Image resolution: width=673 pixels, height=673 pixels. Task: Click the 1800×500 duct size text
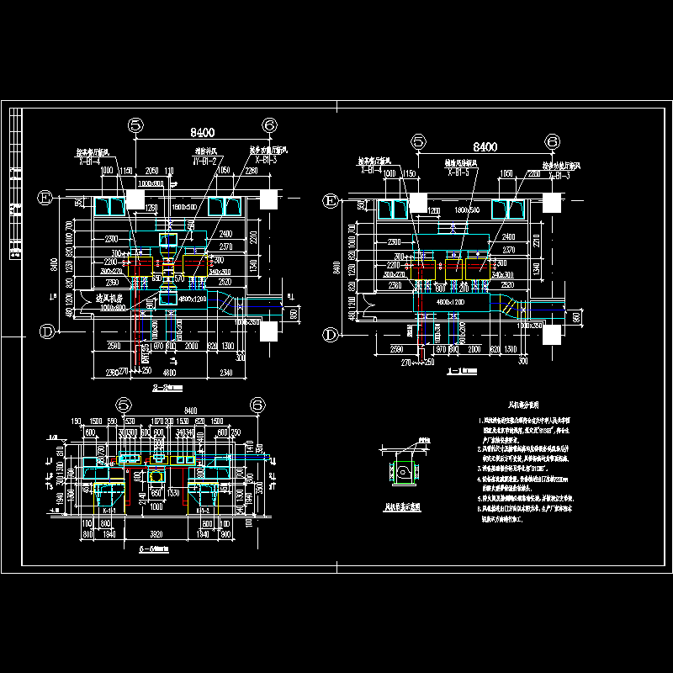click(x=464, y=207)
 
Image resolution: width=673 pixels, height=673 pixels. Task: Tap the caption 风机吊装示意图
click(x=401, y=507)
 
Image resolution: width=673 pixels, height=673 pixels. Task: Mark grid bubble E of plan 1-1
click(x=330, y=200)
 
